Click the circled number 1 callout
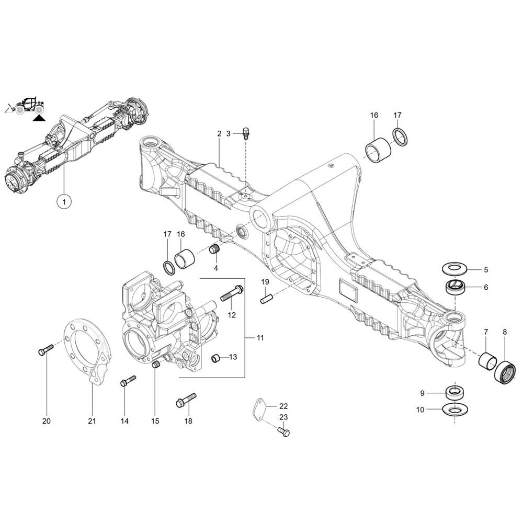pyautogui.click(x=64, y=201)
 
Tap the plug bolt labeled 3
pyautogui.click(x=246, y=133)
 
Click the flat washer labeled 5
pyautogui.click(x=456, y=269)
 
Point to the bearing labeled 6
pyautogui.click(x=456, y=287)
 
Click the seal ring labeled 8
pyautogui.click(x=505, y=372)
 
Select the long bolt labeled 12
pyautogui.click(x=232, y=293)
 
